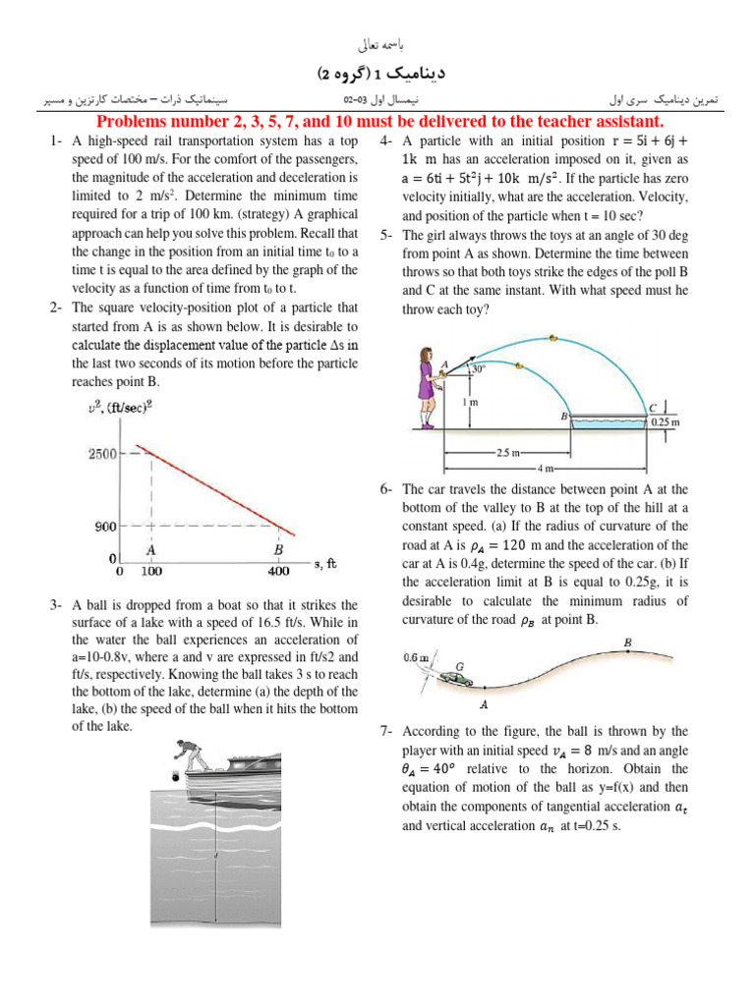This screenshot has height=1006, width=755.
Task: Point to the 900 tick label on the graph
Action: [x=105, y=527]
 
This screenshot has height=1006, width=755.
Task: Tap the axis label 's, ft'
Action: [x=325, y=564]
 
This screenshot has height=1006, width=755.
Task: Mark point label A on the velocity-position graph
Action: [x=151, y=550]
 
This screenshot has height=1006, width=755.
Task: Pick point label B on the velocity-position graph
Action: [x=278, y=550]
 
